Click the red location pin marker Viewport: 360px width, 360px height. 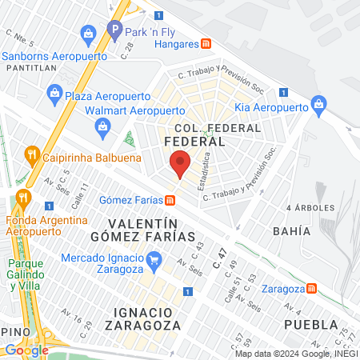181,164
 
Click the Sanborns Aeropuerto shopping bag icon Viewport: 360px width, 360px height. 87,34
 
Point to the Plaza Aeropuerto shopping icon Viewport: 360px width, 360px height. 54,94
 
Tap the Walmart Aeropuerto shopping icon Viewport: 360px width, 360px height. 102,125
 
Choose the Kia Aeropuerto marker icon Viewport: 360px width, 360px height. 318,104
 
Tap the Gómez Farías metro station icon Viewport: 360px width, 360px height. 170,200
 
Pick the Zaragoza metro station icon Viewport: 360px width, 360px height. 312,288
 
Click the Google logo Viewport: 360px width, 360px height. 26,350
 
